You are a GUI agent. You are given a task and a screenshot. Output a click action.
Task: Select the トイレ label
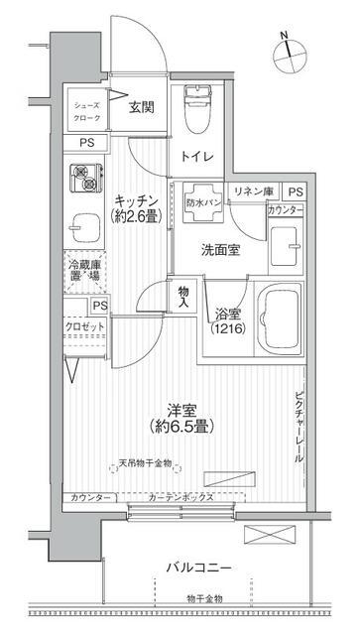pos(194,155)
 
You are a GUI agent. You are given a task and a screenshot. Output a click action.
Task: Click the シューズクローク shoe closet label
pos(86,109)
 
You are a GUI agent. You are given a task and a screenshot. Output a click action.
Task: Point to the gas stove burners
pos(86,179)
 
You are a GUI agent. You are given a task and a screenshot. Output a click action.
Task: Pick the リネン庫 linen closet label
pos(253,191)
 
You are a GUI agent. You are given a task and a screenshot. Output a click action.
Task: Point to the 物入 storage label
pos(184,296)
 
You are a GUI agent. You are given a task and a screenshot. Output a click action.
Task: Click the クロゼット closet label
pos(84,324)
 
